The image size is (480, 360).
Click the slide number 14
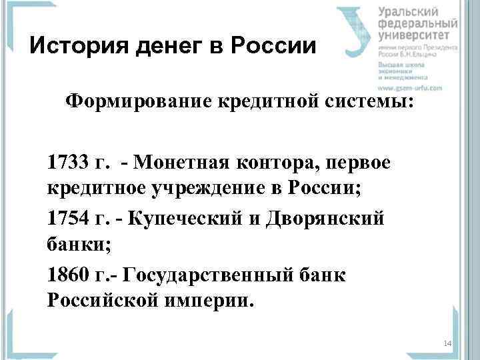click(x=447, y=343)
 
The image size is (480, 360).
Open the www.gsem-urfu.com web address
click(x=409, y=88)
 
